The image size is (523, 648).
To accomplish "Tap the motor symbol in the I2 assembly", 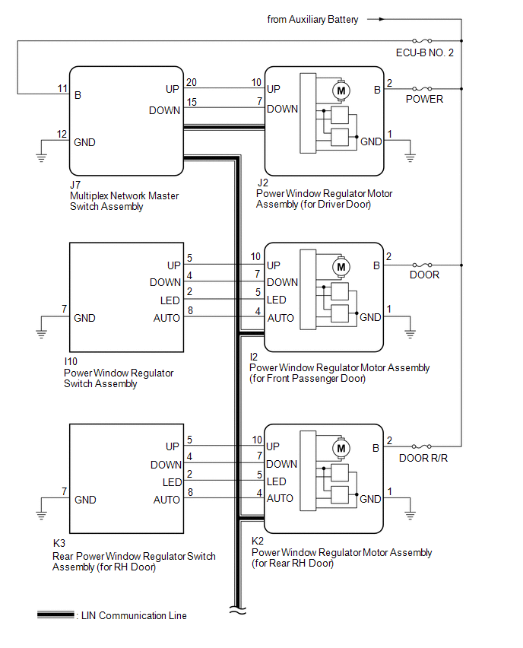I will click(340, 267).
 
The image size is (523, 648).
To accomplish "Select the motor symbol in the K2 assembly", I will click(340, 448).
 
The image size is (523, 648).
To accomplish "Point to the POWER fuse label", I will click(424, 100).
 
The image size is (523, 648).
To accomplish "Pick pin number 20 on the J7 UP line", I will click(191, 82).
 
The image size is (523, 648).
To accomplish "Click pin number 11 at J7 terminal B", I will click(62, 89).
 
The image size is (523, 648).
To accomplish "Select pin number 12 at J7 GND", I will click(62, 135).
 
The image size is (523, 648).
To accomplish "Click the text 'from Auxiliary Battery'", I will click(313, 19).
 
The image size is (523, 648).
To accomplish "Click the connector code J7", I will click(74, 184).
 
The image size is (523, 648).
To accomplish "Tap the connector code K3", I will click(59, 545).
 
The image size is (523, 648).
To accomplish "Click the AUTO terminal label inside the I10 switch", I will click(166, 318).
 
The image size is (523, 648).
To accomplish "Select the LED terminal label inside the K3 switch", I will click(171, 482).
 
